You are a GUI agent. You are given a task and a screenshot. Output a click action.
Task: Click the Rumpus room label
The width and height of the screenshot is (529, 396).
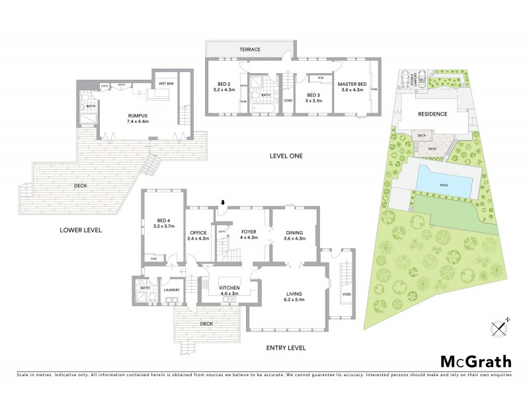point(139,115)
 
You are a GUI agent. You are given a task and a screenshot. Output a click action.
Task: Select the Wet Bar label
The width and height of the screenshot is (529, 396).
point(165,84)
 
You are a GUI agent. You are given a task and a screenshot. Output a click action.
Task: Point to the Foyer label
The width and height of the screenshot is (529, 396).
point(248,232)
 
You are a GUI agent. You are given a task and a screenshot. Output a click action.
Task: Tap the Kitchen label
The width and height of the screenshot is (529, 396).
point(230,288)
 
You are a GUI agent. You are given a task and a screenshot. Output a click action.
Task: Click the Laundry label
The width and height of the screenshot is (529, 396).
point(172,290)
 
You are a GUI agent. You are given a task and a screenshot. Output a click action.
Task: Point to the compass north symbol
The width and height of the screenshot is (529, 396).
point(499,325)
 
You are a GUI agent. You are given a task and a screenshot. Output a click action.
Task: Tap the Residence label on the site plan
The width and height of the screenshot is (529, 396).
point(432,114)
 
